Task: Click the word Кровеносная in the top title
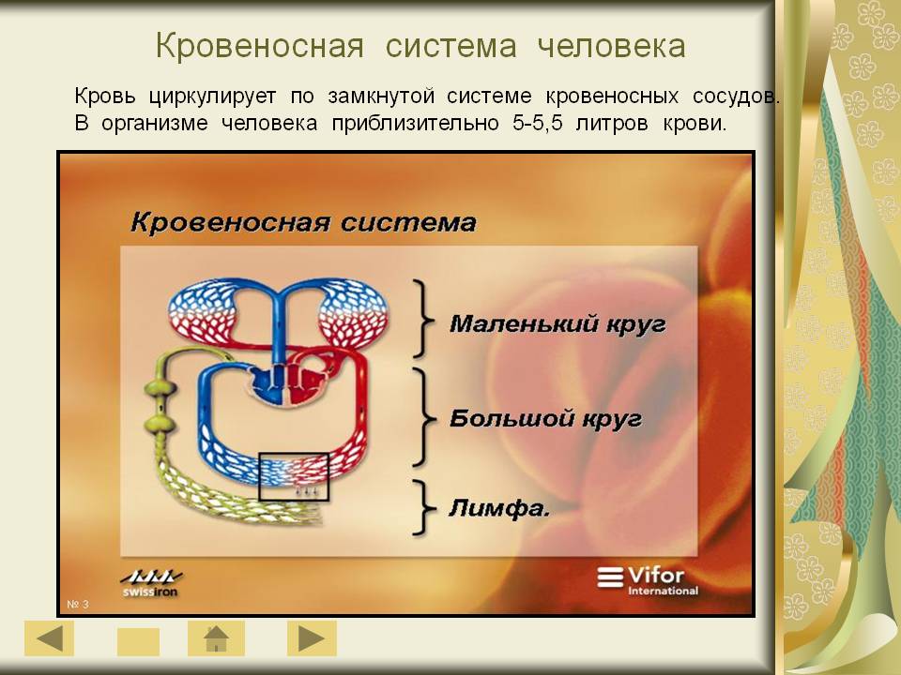260,46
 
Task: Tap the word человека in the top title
611,46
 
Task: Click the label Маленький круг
557,324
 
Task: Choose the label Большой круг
545,418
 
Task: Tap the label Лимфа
498,508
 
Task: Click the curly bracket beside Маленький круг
424,319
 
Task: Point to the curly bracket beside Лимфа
424,508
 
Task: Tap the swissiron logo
151,583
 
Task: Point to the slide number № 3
78,605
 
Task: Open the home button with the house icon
216,638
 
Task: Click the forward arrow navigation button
312,638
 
